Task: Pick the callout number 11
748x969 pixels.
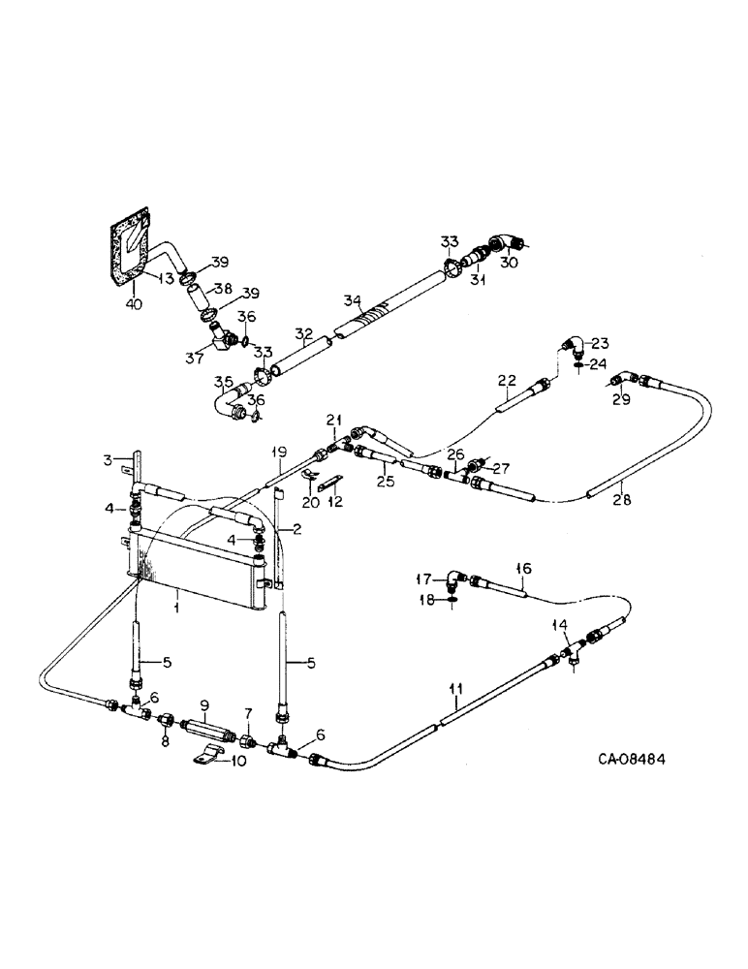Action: pyautogui.click(x=454, y=689)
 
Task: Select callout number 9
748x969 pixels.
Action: pyautogui.click(x=203, y=703)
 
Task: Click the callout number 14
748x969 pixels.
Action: pyautogui.click(x=558, y=625)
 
